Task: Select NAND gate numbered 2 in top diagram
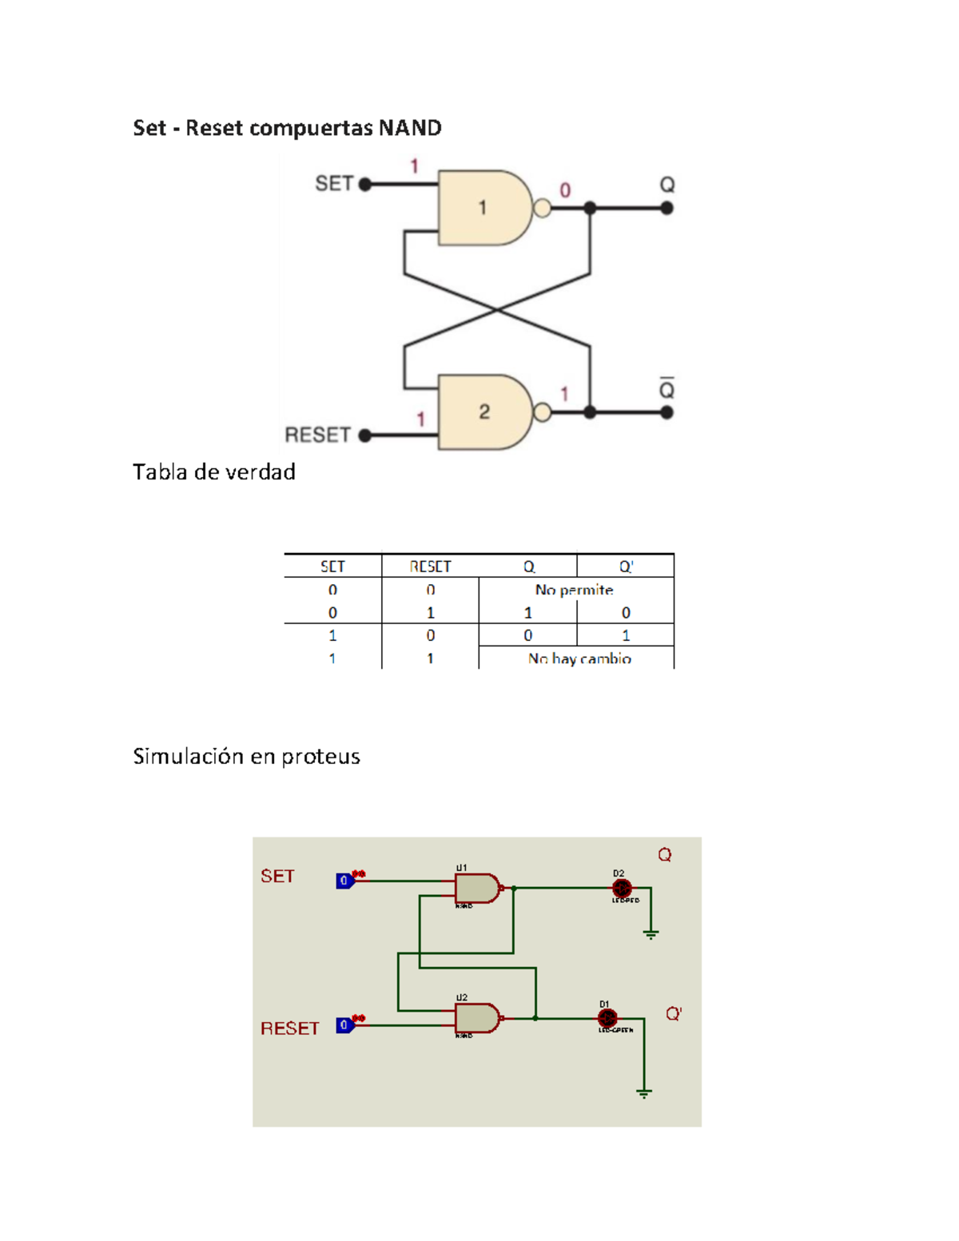[x=484, y=412]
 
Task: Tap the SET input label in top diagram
[x=333, y=184]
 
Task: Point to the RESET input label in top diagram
[x=317, y=435]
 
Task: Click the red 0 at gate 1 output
[x=565, y=190]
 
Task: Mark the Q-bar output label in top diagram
[x=667, y=388]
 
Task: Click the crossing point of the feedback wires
[x=497, y=310]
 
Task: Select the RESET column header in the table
[x=430, y=567]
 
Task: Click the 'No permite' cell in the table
[x=574, y=590]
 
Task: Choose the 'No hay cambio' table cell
[x=579, y=658]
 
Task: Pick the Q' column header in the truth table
[x=626, y=567]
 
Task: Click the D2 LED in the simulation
[x=622, y=888]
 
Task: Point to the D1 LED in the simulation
[x=607, y=1018]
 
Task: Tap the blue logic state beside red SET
[x=344, y=881]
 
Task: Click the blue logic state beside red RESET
[x=344, y=1024]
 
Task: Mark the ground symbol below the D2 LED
[x=651, y=933]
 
